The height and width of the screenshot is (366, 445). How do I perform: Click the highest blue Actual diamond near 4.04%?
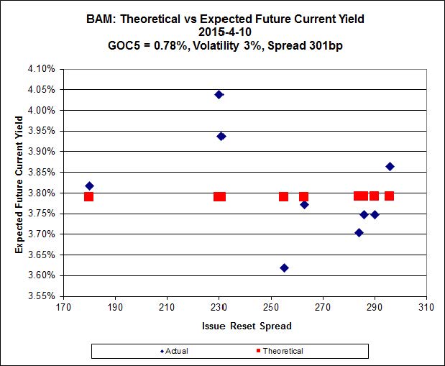pos(219,94)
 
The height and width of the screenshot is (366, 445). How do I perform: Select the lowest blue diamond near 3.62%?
pos(284,267)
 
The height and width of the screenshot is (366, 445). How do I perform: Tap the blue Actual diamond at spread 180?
pos(89,186)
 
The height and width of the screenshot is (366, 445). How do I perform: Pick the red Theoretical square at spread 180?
pos(88,196)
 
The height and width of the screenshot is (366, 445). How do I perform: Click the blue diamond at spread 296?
pos(390,166)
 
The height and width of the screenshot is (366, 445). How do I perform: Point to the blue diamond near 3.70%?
pos(359,232)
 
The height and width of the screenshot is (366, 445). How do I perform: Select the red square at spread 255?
pos(284,196)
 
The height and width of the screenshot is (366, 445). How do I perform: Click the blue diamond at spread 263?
pos(304,204)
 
